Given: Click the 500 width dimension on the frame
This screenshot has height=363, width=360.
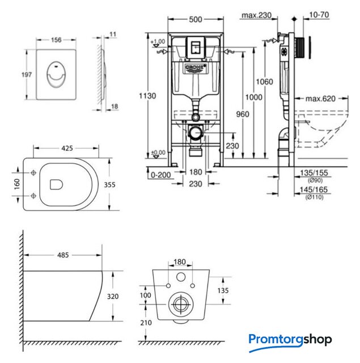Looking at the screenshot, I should click(x=195, y=18).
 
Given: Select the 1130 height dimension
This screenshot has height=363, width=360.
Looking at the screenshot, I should click(x=147, y=96).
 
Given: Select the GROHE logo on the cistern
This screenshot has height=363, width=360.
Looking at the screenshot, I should click(x=194, y=69).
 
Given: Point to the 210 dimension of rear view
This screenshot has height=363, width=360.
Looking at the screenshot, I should click(x=147, y=322).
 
